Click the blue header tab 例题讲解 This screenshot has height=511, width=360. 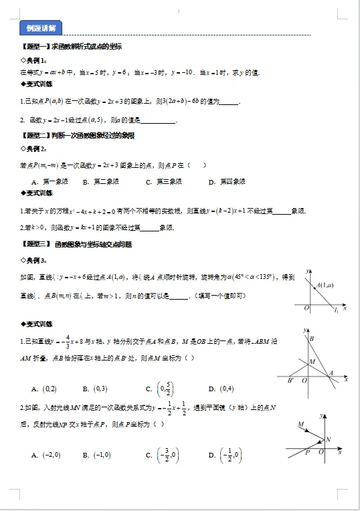click(x=41, y=27)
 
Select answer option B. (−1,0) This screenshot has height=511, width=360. click(x=97, y=455)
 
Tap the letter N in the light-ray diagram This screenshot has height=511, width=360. click(x=329, y=439)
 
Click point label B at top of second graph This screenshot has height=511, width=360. click(x=312, y=339)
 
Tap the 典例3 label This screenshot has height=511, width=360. click(x=34, y=260)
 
